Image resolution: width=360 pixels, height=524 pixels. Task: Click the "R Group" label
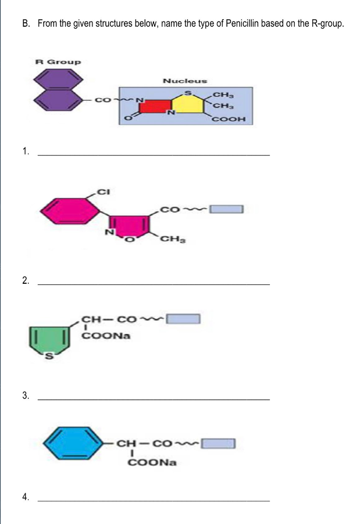click(x=58, y=62)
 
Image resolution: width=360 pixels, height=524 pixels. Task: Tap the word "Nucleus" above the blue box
click(x=184, y=81)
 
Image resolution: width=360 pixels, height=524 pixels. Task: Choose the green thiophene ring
click(x=51, y=340)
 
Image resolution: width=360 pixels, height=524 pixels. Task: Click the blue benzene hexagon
click(x=79, y=444)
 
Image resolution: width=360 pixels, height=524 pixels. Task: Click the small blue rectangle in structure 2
click(x=226, y=209)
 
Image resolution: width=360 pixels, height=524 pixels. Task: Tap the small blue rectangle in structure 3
click(x=183, y=318)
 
